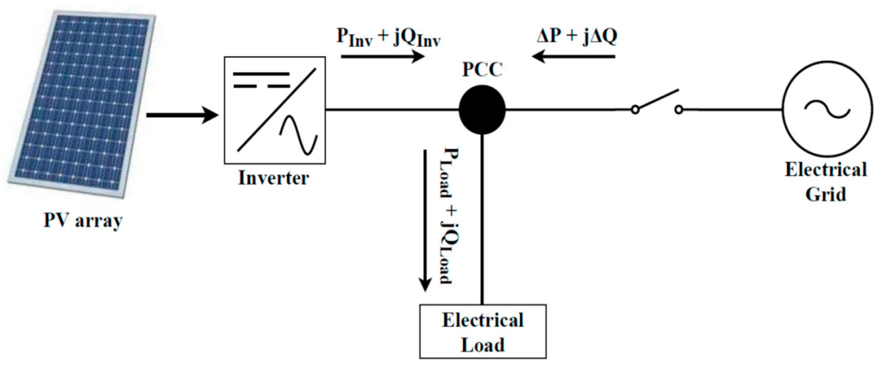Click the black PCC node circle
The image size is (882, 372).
pos(482,110)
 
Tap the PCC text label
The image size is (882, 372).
pos(482,70)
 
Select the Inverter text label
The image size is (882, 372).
pos(274,178)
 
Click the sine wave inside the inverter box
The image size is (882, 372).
pos(298,135)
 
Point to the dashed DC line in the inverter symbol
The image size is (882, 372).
pos(262,86)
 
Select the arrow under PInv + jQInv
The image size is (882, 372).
pos(383,56)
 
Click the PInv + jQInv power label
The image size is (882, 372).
pos(388,37)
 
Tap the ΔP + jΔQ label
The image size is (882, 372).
pos(577,36)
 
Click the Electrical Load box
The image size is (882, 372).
pos(483,332)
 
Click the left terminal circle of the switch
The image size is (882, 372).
pos(635,110)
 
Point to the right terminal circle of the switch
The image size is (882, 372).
pos(679,110)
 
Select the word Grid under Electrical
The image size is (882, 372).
pos(826,194)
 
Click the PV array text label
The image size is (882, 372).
pos(83,221)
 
